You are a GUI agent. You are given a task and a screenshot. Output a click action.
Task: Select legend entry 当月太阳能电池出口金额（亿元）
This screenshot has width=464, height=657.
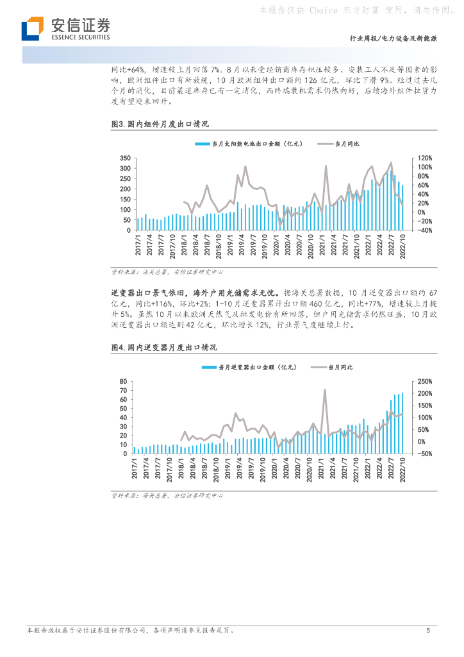(248, 144)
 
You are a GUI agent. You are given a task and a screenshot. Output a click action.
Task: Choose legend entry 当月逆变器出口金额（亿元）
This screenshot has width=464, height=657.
(249, 367)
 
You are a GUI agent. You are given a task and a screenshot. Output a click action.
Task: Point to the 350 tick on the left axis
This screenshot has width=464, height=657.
(124, 158)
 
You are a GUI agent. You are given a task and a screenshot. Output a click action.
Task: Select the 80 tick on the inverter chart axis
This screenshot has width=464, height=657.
(124, 382)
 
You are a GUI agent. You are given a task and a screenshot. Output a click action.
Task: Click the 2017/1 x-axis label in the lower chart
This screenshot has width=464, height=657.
(135, 470)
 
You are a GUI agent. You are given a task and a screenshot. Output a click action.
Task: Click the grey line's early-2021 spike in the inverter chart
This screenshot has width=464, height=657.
(324, 390)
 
